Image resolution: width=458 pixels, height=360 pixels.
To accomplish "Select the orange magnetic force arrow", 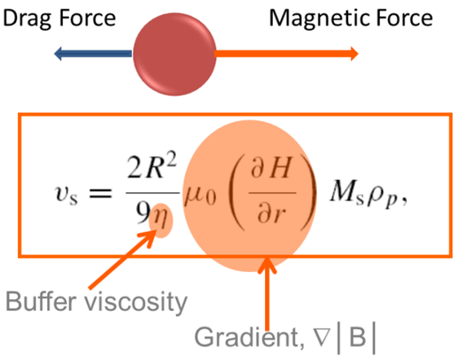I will coord(285,55).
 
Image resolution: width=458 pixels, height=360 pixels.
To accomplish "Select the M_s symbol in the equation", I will coord(347,198).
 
